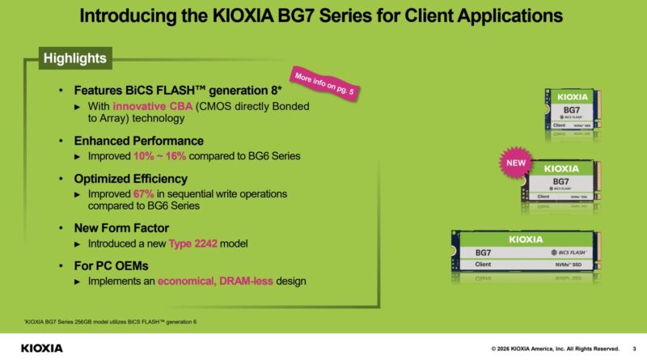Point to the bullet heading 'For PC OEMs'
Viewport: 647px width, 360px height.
pos(113,266)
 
